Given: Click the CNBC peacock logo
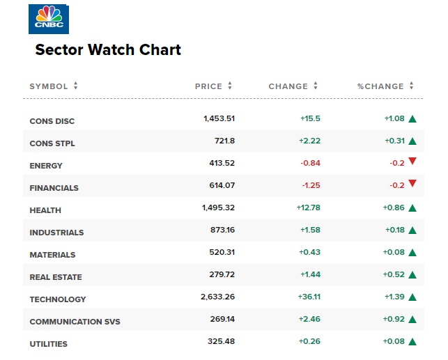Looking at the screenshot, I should point(49,18).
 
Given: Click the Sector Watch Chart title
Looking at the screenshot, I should point(108,50).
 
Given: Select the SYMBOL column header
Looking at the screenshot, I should point(49,86).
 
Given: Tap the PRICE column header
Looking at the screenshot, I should point(208,86).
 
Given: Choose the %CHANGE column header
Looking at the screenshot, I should point(380,86).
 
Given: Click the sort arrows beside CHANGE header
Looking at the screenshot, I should point(316,86).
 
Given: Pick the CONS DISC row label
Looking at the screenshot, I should point(52,121).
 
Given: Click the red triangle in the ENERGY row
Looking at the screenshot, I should point(412,162).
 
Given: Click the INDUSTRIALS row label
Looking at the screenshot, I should point(56,233).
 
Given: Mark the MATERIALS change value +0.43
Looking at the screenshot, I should point(309,252).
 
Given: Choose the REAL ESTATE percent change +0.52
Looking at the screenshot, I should point(394,274).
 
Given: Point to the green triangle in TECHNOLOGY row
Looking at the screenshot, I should point(412,297).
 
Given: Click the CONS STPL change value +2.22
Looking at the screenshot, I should point(309,141).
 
